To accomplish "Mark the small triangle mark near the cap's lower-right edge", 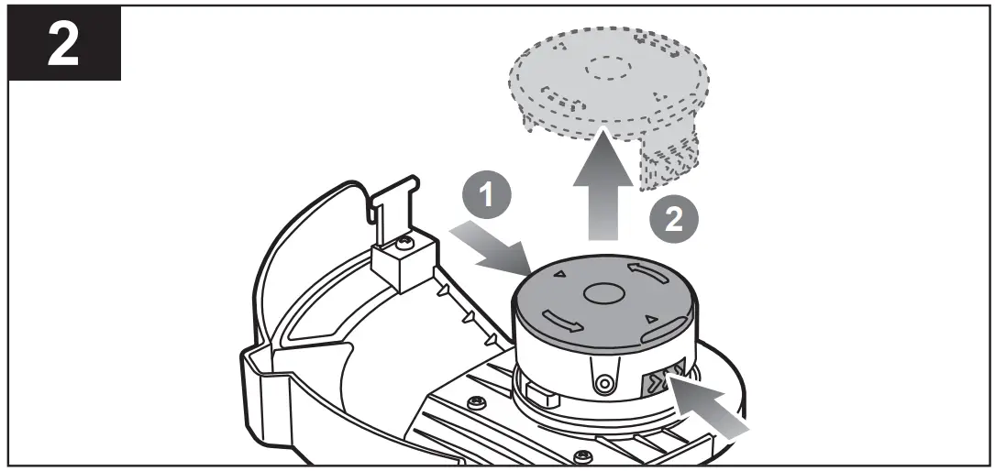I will click(650, 319).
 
